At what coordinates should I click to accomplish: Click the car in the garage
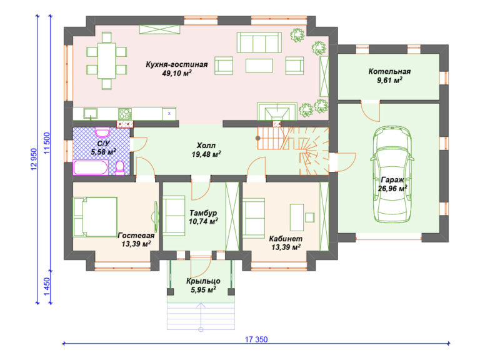click(392, 175)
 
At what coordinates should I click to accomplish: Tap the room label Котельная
click(389, 72)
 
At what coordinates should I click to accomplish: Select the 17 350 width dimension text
click(256, 339)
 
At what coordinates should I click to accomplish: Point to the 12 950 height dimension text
click(34, 159)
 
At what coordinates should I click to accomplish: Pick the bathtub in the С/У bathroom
click(91, 167)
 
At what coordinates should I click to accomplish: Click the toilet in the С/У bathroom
click(120, 167)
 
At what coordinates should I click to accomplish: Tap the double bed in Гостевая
click(95, 217)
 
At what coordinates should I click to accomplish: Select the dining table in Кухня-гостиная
click(106, 61)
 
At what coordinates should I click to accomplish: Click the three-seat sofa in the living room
click(259, 42)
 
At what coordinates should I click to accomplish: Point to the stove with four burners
click(125, 114)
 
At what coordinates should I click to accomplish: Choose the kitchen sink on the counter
click(90, 113)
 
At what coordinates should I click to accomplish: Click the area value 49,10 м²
click(177, 73)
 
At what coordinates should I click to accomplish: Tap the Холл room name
click(206, 146)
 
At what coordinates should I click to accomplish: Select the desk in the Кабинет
click(297, 217)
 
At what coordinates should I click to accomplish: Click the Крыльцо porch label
click(203, 281)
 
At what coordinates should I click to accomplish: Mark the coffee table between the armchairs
click(259, 66)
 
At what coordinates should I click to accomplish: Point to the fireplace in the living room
click(277, 112)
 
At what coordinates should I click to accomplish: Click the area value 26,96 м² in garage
click(392, 188)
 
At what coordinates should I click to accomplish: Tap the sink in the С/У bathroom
click(102, 132)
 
